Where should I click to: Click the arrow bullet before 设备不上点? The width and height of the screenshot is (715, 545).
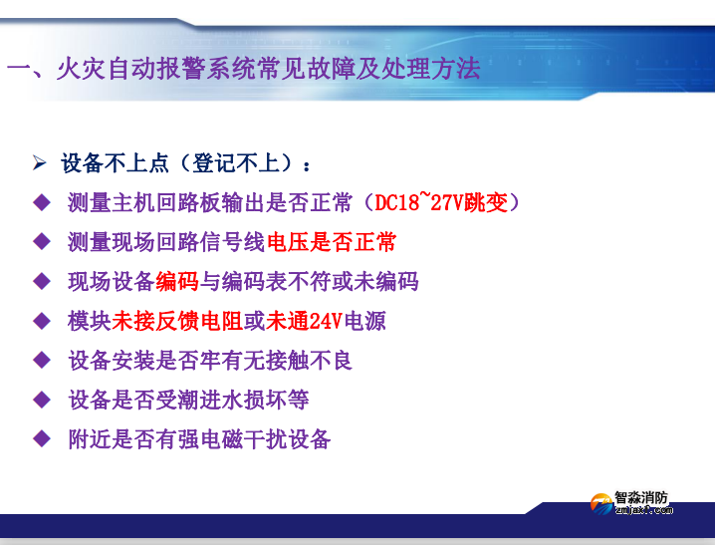coord(40,162)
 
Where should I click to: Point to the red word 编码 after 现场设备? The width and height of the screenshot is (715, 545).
coord(177,282)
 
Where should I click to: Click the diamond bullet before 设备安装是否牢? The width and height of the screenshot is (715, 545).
coord(41,360)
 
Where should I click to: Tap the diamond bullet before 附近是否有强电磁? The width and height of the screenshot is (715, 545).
coord(41,438)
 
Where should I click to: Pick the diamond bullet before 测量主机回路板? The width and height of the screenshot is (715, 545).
coord(41,203)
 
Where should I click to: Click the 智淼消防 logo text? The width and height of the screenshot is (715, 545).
coord(641,496)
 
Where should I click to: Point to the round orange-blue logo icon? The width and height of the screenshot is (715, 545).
coord(600,504)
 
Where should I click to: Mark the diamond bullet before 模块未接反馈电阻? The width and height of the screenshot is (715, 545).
coord(41,321)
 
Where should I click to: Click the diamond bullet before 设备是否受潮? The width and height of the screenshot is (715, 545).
coord(41,400)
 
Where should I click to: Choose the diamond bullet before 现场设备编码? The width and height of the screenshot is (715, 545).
coord(41,282)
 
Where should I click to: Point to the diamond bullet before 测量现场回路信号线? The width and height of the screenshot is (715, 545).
coord(41,242)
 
